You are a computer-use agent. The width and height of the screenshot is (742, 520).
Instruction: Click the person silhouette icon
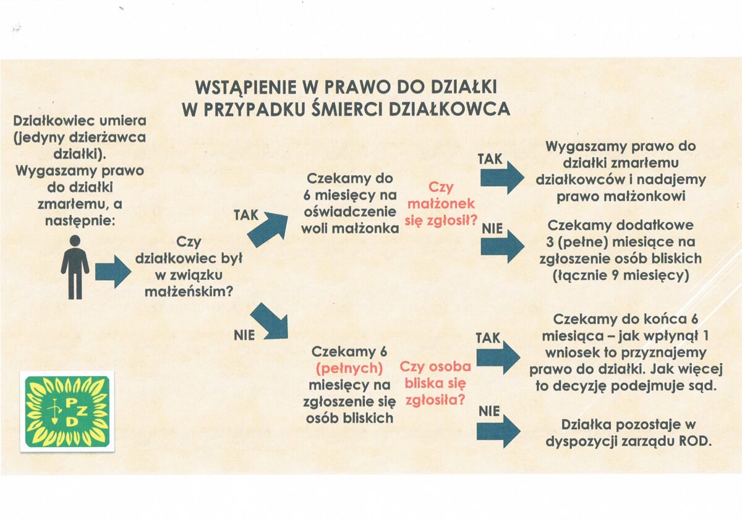(x=75, y=267)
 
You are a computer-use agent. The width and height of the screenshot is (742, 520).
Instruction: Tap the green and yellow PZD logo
(x=67, y=411)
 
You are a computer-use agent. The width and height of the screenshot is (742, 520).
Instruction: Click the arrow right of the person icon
(x=113, y=272)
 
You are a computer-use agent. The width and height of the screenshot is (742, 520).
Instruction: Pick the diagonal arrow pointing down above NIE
(x=270, y=321)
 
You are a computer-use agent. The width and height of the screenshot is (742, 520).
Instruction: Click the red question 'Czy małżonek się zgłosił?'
(x=440, y=203)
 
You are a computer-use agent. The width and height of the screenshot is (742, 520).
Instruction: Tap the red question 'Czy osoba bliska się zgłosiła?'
(x=438, y=383)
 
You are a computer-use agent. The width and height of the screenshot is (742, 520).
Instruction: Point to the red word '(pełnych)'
(x=350, y=369)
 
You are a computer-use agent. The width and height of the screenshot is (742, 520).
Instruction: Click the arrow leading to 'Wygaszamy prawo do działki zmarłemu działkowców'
(x=502, y=178)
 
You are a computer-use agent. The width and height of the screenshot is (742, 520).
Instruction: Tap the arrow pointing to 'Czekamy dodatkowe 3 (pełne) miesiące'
(x=502, y=247)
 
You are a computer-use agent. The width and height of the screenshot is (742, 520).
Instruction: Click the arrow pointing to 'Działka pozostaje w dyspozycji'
(x=498, y=430)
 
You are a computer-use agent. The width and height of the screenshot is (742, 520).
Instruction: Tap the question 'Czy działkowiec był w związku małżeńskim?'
(x=189, y=266)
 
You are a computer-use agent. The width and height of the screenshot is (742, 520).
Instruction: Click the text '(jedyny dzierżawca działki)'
(x=79, y=145)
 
